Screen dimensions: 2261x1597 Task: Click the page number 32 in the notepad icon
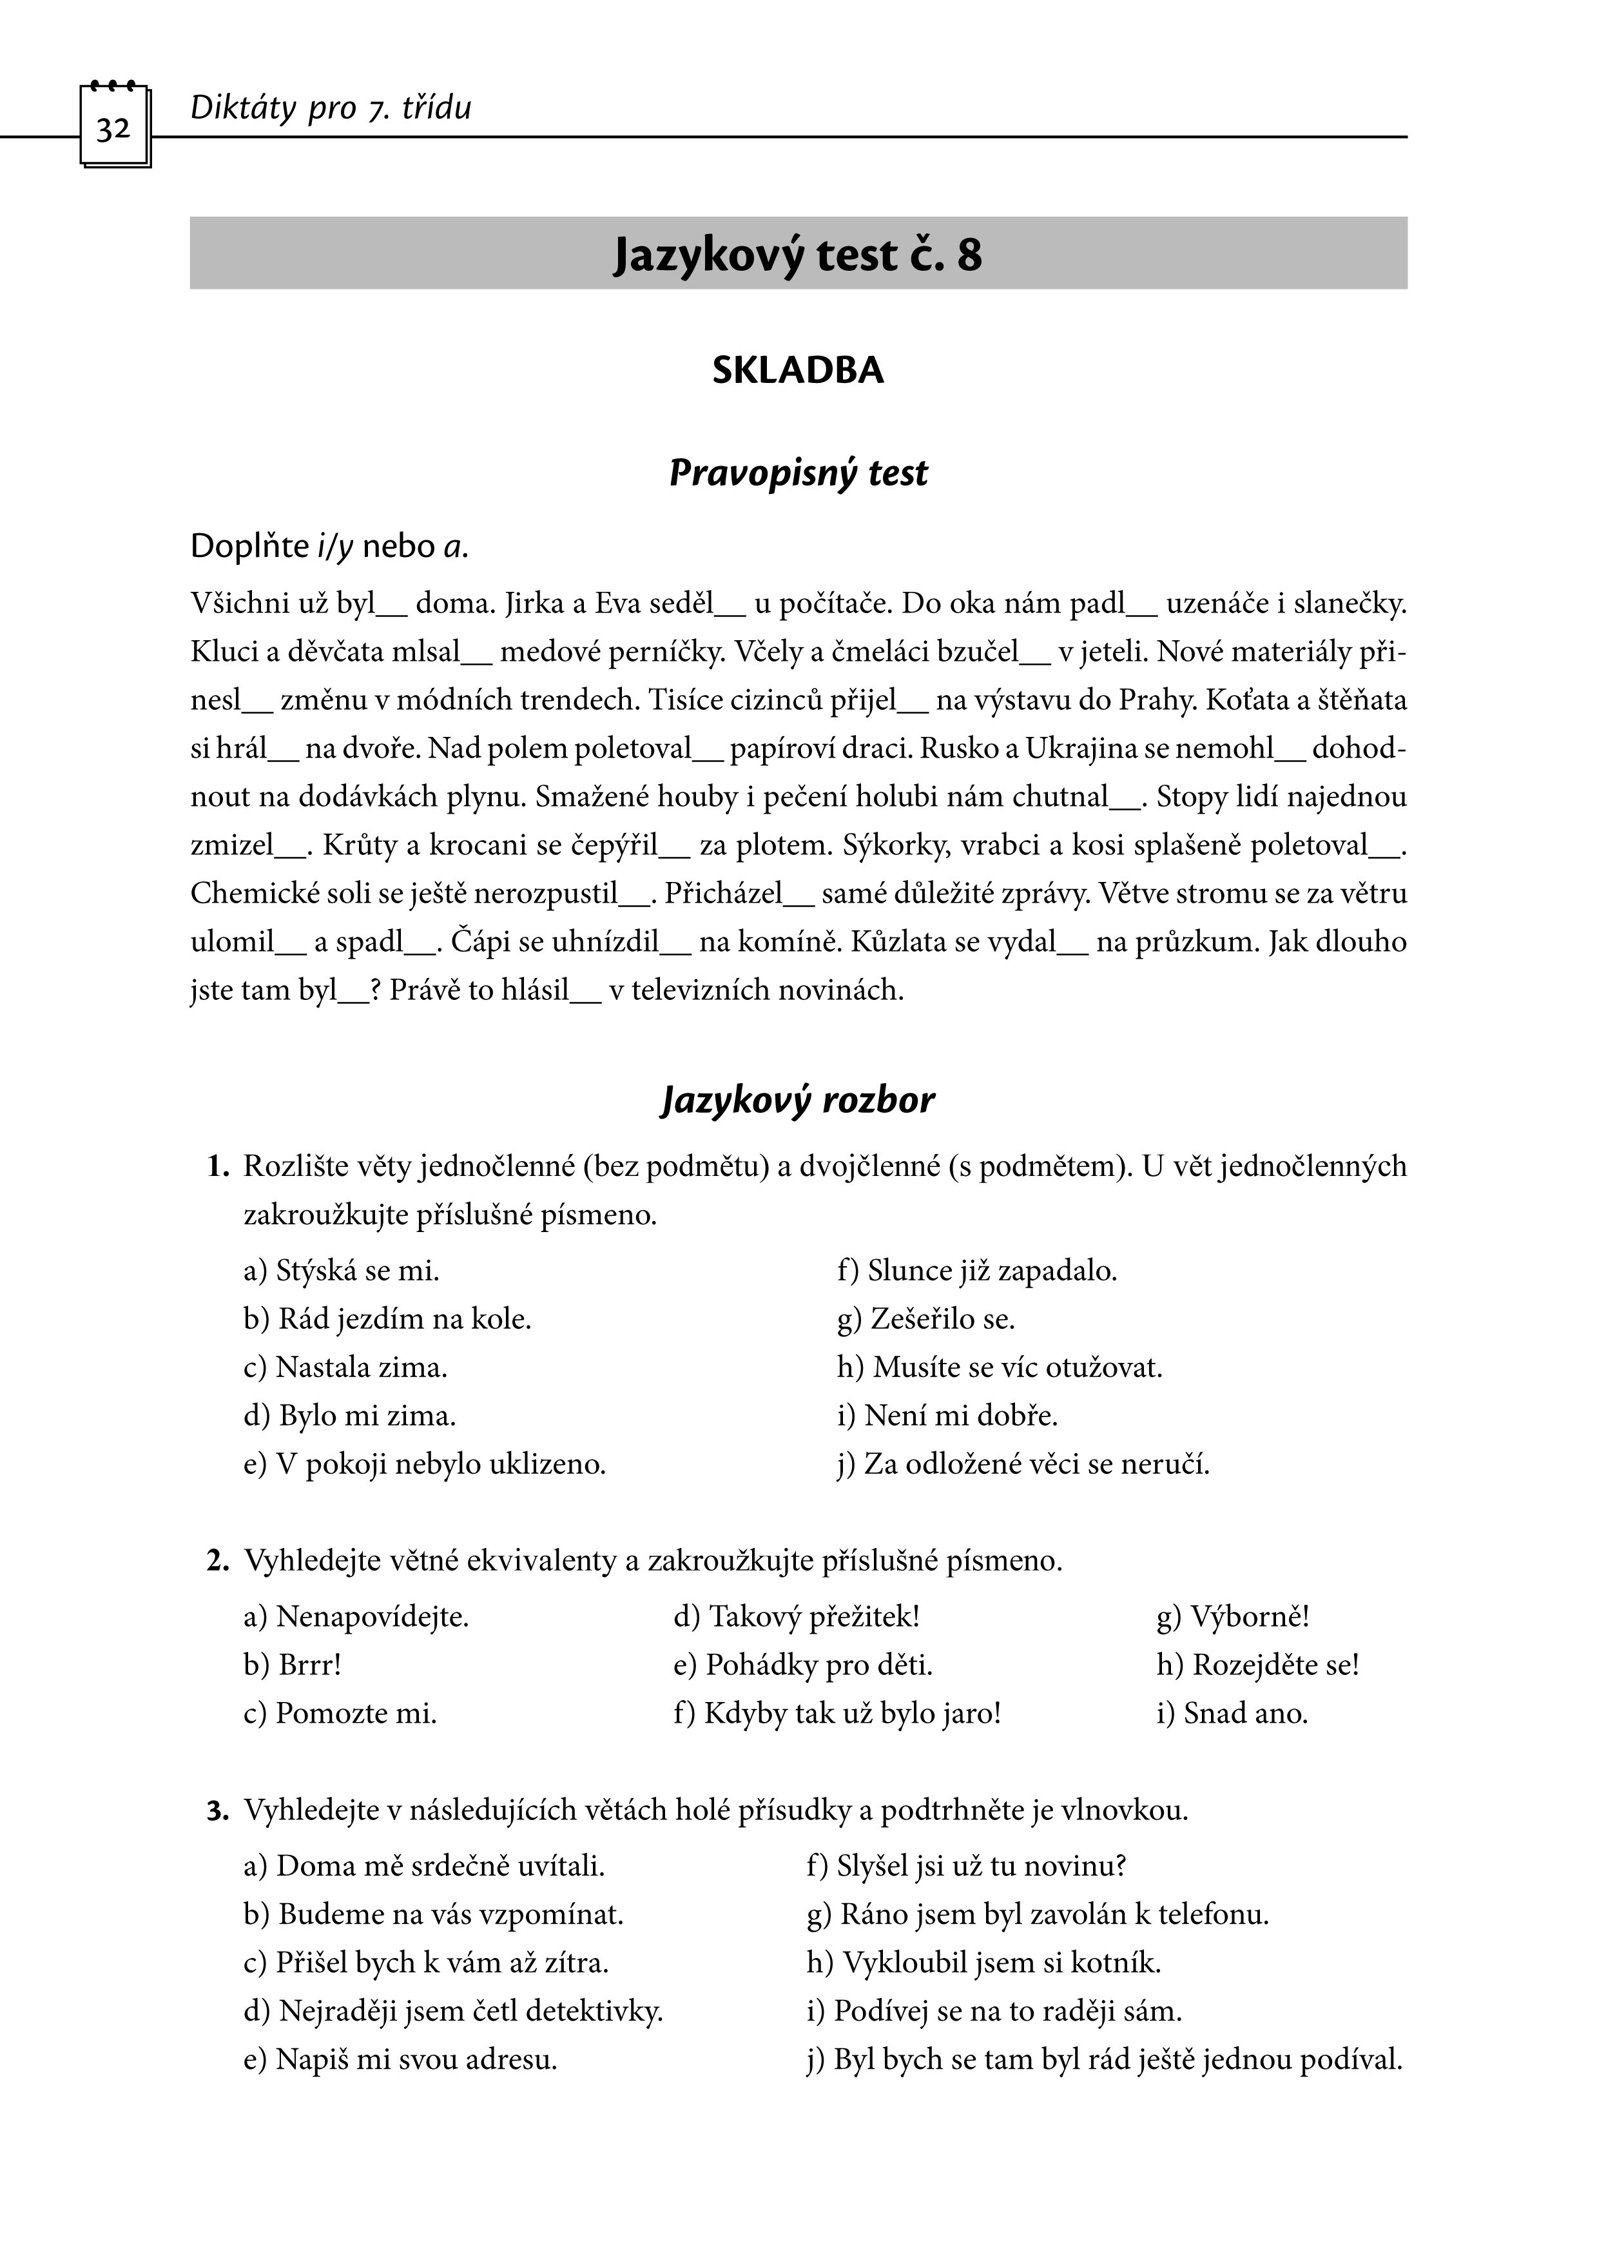[x=114, y=129]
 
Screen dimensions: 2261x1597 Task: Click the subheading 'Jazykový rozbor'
[x=797, y=1100]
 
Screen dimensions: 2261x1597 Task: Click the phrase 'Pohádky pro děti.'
[x=819, y=1665]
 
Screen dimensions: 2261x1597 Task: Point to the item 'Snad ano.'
[x=1246, y=1714]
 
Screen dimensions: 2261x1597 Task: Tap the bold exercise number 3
[x=216, y=1811]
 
